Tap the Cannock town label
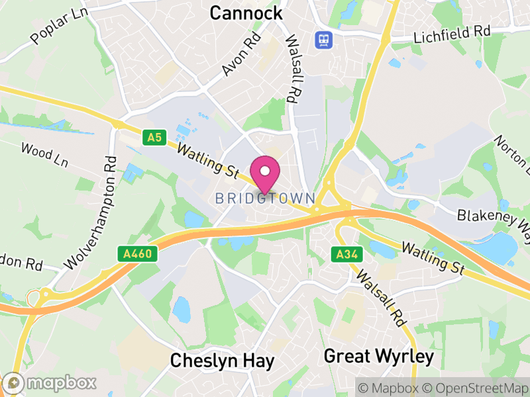pyautogui.click(x=246, y=13)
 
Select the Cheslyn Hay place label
pyautogui.click(x=222, y=361)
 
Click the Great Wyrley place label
pyautogui.click(x=378, y=357)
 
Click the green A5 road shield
pyautogui.click(x=154, y=138)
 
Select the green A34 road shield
pyautogui.click(x=342, y=253)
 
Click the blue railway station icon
pyautogui.click(x=324, y=39)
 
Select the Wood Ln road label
pyautogui.click(x=44, y=155)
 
